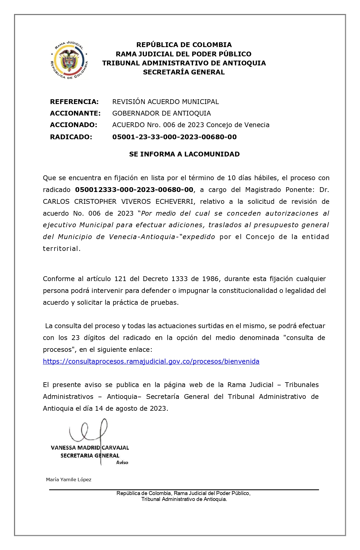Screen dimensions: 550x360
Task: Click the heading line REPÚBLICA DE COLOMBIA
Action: click(184, 45)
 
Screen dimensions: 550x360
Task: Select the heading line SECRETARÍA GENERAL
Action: click(184, 72)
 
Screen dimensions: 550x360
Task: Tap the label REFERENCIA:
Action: click(74, 102)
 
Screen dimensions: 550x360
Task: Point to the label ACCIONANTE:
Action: click(75, 113)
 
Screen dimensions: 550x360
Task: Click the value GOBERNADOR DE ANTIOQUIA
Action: click(161, 113)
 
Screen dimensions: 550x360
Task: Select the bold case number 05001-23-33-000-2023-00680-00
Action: click(174, 137)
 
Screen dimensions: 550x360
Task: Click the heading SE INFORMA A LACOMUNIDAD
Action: click(184, 154)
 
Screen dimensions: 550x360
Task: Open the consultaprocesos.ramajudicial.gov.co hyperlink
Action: click(151, 361)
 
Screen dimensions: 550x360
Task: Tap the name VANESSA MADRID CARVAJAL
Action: click(90, 448)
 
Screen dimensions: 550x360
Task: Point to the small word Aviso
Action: click(122, 463)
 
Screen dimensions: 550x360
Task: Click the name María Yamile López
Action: click(69, 480)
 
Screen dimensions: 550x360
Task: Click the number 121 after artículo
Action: click(120, 279)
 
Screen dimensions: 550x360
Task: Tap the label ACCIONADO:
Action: click(73, 125)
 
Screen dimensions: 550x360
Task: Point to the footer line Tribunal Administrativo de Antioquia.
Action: click(184, 499)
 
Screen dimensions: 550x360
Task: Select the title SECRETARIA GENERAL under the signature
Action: click(90, 456)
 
